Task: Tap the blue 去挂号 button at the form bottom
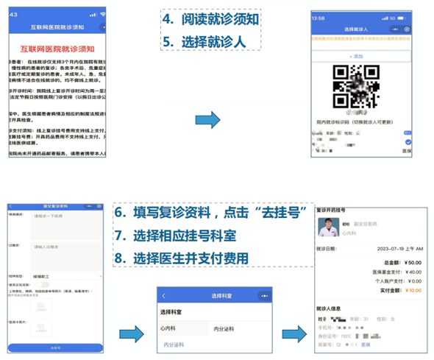pyautogui.click(x=56, y=347)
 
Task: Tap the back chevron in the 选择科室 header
pyautogui.click(x=164, y=295)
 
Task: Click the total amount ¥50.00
pyautogui.click(x=412, y=261)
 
